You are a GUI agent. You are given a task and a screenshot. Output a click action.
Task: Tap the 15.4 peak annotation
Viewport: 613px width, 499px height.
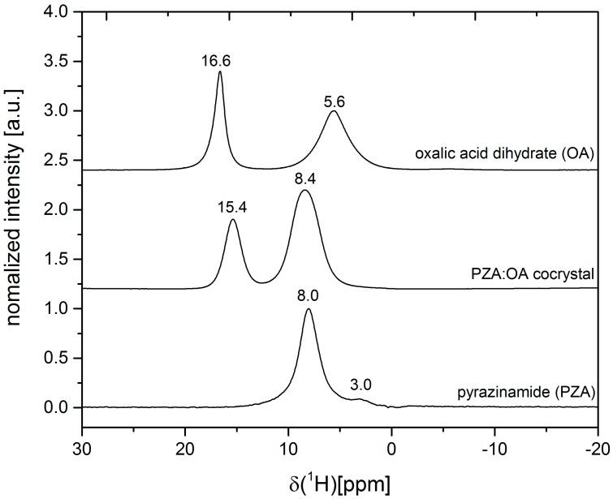pos(232,208)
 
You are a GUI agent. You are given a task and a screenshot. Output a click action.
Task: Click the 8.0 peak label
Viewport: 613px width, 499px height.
pos(309,296)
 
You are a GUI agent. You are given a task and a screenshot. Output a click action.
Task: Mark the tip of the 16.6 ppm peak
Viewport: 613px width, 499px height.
pos(220,71)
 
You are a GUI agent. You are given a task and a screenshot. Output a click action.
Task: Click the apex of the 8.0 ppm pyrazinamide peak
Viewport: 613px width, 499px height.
pos(309,308)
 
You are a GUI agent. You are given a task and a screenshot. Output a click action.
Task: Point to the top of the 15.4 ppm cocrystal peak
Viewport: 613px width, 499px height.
pos(233,219)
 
